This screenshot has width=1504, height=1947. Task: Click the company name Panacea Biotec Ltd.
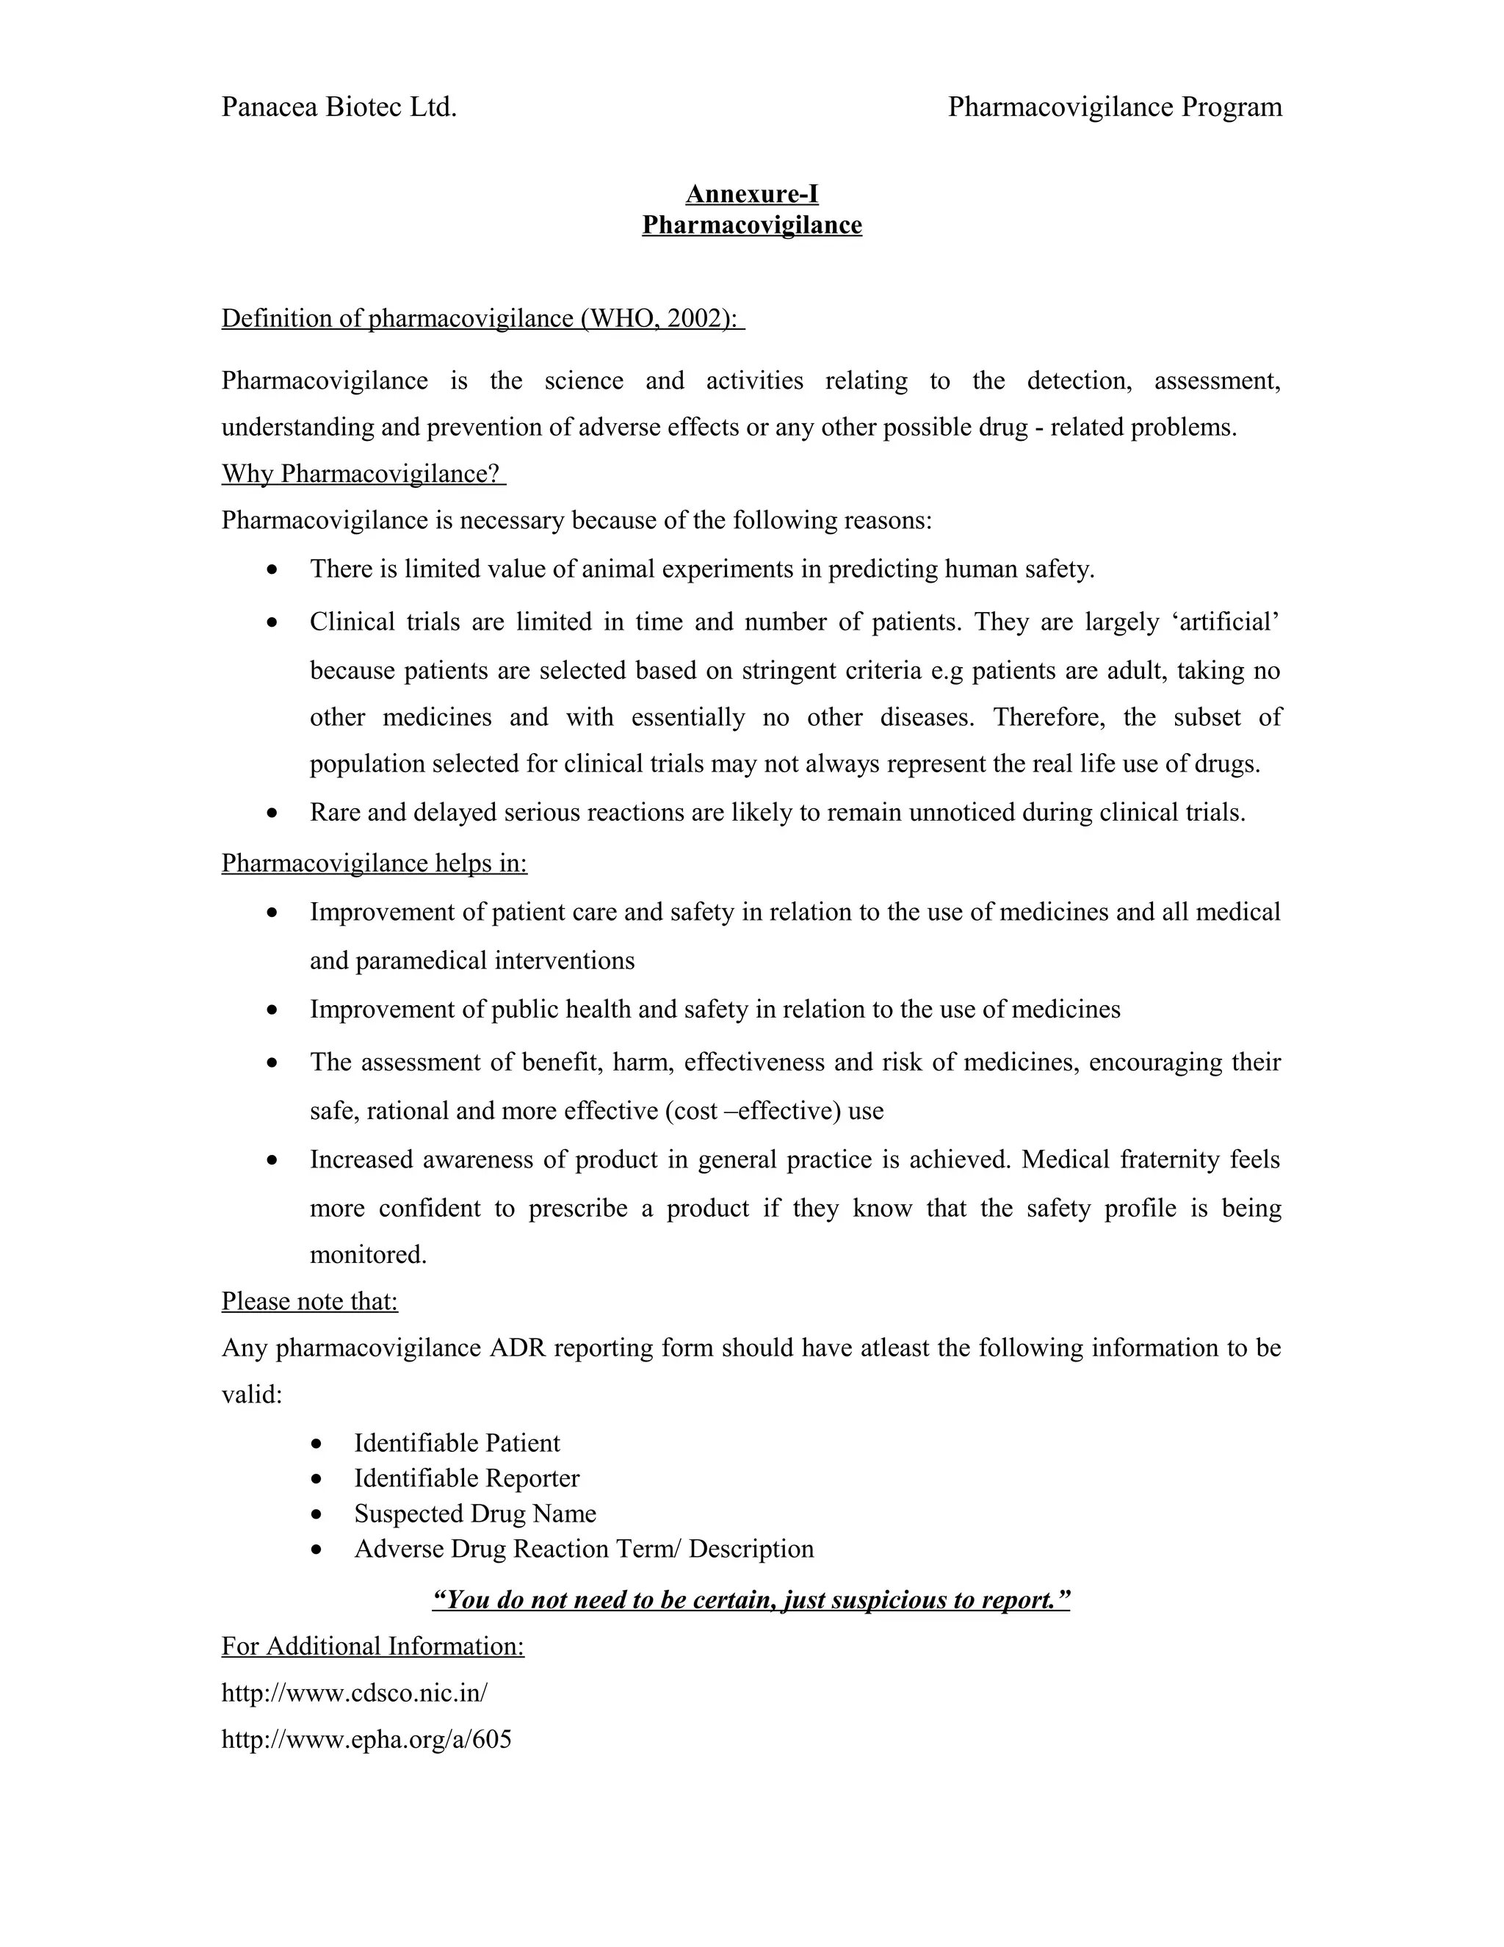click(x=339, y=107)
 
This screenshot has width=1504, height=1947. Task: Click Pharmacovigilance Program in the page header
click(x=1115, y=107)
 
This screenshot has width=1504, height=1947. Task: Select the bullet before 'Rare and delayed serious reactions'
click(x=273, y=813)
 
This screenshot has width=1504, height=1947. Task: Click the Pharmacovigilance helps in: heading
click(x=375, y=863)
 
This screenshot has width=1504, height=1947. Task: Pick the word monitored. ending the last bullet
click(x=368, y=1254)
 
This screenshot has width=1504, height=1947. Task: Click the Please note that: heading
click(x=309, y=1302)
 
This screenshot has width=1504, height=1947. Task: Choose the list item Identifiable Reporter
click(x=466, y=1478)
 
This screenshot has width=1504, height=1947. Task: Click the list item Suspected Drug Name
click(x=475, y=1513)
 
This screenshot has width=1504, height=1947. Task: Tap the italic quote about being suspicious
click(x=751, y=1599)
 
